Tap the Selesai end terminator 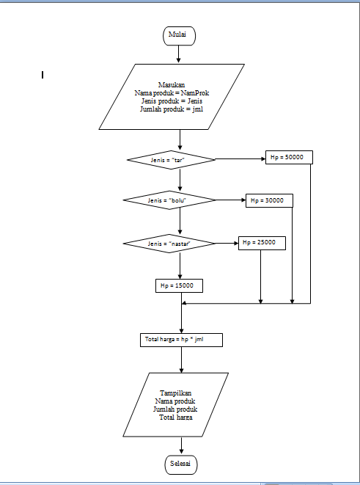click(180, 464)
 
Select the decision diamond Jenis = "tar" click(171, 158)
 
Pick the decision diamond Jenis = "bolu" click(169, 200)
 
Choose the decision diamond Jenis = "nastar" click(169, 243)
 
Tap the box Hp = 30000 click(268, 200)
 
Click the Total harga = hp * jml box click(180, 340)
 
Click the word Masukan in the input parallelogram click(171, 85)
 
